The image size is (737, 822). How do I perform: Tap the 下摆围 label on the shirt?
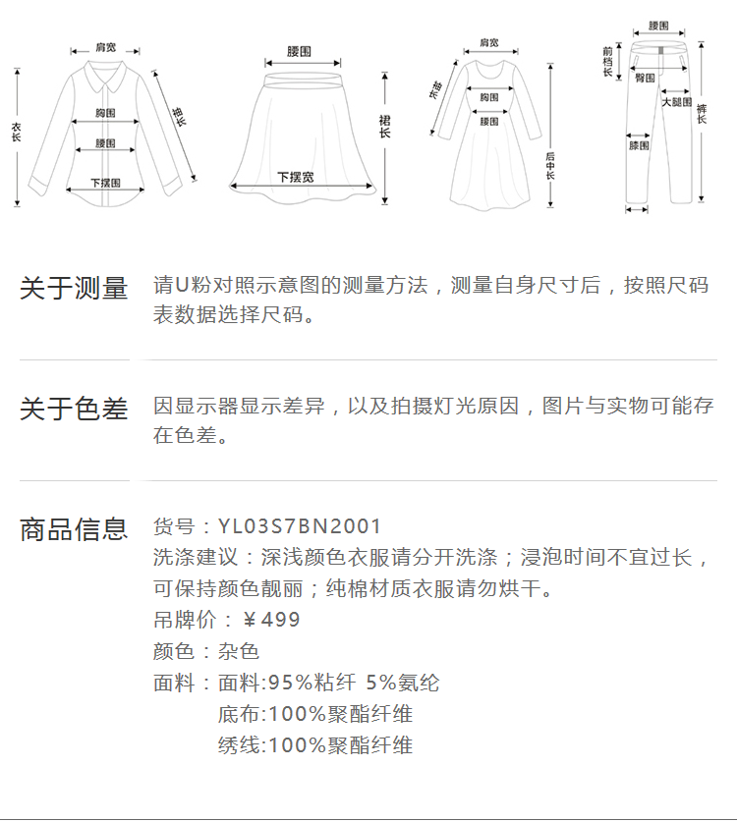pyautogui.click(x=105, y=183)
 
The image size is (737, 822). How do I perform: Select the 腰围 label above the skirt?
pyautogui.click(x=299, y=50)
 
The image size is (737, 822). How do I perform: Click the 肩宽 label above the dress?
pyautogui.click(x=488, y=43)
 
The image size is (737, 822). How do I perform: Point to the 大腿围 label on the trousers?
pyautogui.click(x=676, y=102)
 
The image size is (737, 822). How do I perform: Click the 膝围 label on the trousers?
pyautogui.click(x=639, y=146)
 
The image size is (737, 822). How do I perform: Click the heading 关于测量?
pyautogui.click(x=75, y=289)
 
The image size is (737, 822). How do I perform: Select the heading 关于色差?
pyautogui.click(x=75, y=409)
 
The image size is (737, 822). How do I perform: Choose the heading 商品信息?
pyautogui.click(x=75, y=529)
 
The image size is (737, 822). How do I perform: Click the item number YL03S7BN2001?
pyautogui.click(x=300, y=527)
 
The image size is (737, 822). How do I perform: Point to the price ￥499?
pyautogui.click(x=271, y=620)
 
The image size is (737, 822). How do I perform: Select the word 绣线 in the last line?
pyautogui.click(x=239, y=745)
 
